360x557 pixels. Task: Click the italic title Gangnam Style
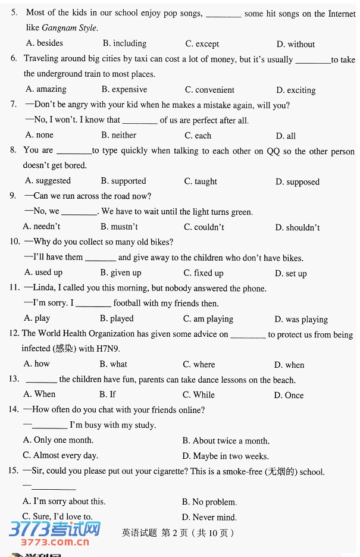(x=69, y=28)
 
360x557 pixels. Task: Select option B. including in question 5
(x=124, y=43)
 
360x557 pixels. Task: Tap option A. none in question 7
(x=39, y=135)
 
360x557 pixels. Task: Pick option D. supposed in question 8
(x=298, y=182)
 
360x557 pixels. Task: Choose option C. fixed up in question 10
(x=204, y=273)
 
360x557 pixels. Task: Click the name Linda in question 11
(x=45, y=288)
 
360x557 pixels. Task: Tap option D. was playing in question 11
(x=301, y=319)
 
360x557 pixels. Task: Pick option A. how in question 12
(x=36, y=364)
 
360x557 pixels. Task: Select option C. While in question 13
(x=199, y=395)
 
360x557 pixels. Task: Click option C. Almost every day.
(x=60, y=456)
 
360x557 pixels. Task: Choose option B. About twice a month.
(x=226, y=441)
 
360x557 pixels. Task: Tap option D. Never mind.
(x=209, y=517)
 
